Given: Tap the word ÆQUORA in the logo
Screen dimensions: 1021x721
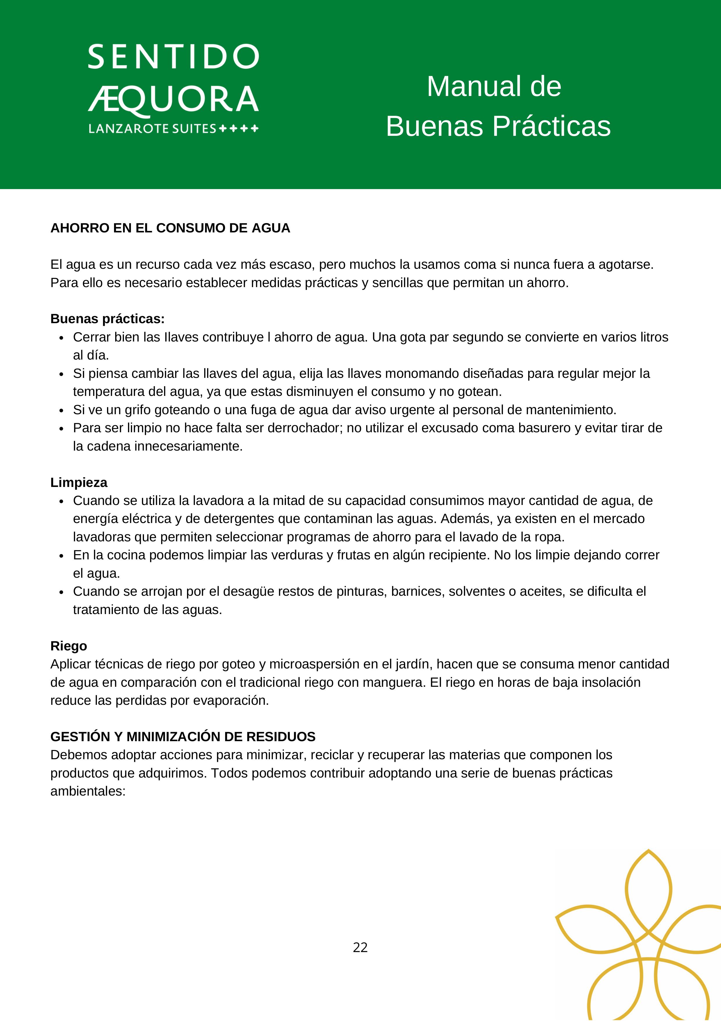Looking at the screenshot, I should click(173, 99).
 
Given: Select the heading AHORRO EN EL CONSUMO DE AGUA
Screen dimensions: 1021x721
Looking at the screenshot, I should click(170, 228).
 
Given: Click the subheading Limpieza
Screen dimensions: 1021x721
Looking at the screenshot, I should click(79, 483).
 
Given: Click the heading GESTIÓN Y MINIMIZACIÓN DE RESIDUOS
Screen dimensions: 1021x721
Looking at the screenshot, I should click(183, 737).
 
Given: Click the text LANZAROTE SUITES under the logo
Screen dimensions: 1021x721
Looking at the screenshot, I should click(152, 129).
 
